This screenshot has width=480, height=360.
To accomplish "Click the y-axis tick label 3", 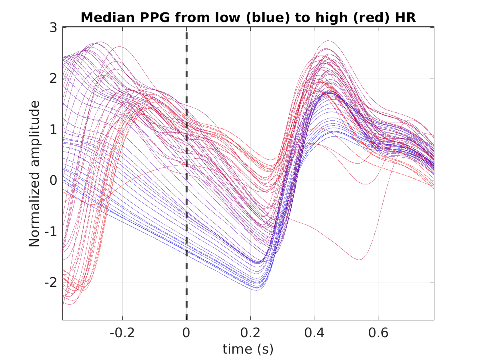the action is pos(53,28).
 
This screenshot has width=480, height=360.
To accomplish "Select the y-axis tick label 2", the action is pos(53,78).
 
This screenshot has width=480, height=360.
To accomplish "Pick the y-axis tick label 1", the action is pos(53,129).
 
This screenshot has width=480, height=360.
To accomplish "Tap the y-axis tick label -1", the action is pos(51,231).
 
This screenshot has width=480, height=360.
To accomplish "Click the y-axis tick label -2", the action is pos(51,282).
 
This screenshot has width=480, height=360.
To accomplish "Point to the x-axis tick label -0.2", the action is pos(122,333).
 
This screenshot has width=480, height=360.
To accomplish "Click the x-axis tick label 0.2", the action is pos(250,333).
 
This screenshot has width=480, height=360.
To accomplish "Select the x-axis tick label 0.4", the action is pos(314,333).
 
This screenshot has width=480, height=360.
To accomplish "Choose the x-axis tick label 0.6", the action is pos(378,333).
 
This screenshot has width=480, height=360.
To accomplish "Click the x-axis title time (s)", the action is pos(248,349).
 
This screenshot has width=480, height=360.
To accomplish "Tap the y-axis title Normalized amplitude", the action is pos(34,174).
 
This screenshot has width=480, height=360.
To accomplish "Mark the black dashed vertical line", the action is pos(186,176).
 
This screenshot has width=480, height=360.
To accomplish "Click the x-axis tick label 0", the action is pos(186,333).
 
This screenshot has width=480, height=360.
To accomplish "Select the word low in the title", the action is pos(228,18).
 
